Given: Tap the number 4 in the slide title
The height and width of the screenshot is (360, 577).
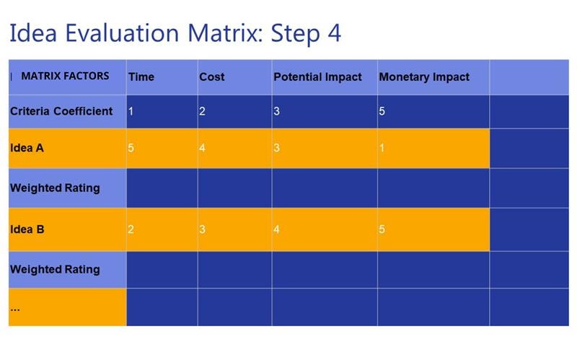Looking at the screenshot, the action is pyautogui.click(x=334, y=32).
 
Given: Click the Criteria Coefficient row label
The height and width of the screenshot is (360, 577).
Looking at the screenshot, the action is pyautogui.click(x=61, y=111).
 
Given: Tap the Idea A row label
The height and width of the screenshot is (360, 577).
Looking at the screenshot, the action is pyautogui.click(x=27, y=148).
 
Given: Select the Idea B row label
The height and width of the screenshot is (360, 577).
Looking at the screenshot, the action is pyautogui.click(x=27, y=229).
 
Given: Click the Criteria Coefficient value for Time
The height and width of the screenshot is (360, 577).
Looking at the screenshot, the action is pyautogui.click(x=131, y=111).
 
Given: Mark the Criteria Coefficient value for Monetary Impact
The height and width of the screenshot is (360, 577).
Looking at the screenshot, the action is pyautogui.click(x=382, y=111).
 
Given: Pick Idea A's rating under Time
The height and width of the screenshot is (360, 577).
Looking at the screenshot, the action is pyautogui.click(x=131, y=148).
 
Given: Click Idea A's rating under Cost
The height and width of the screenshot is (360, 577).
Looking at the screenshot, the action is pyautogui.click(x=202, y=148).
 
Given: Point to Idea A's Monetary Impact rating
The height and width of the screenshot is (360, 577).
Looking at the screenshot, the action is pyautogui.click(x=382, y=148).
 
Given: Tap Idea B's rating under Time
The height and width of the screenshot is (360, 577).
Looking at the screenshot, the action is pyautogui.click(x=131, y=229).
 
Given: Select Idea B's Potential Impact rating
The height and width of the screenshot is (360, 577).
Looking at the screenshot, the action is pyautogui.click(x=276, y=229).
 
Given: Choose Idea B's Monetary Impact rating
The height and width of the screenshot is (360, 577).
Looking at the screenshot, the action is pyautogui.click(x=382, y=229).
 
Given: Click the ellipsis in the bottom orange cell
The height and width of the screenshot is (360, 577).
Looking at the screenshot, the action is pyautogui.click(x=15, y=309).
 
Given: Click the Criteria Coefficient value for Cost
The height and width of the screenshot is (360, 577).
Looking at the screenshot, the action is pyautogui.click(x=202, y=111).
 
